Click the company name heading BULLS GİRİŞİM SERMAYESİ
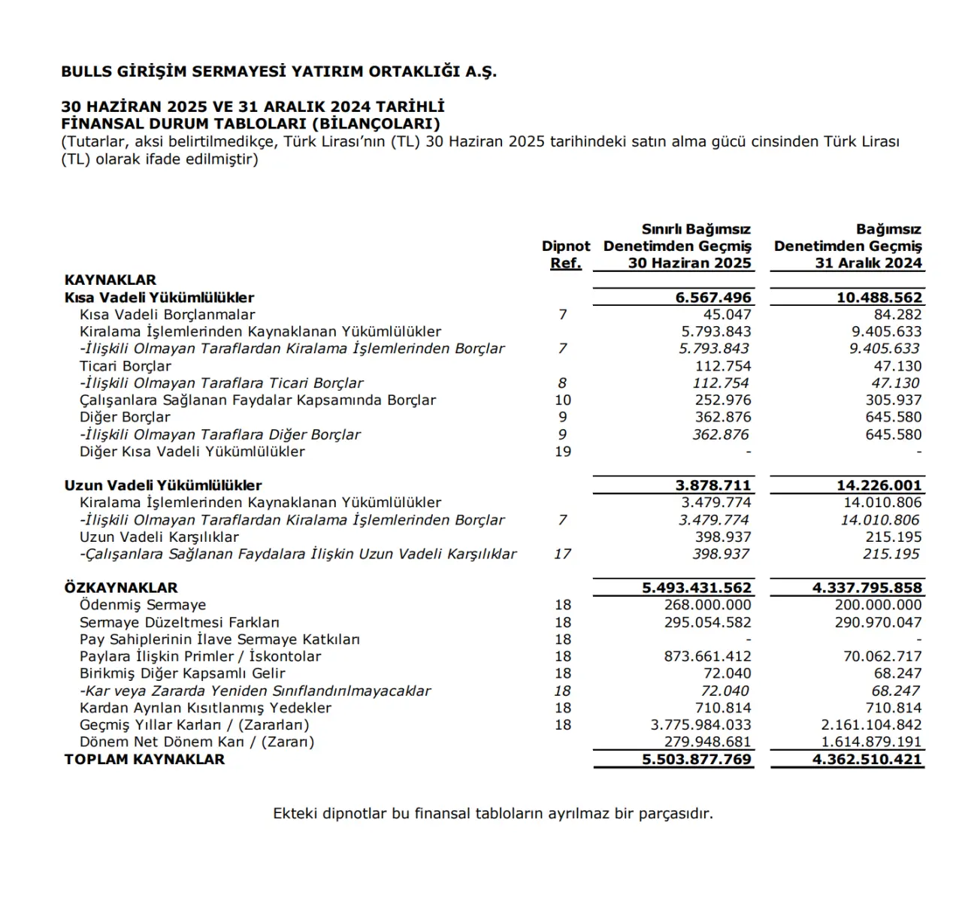(x=279, y=72)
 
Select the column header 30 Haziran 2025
(x=689, y=263)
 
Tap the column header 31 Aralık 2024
(x=868, y=263)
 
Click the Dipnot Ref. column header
(x=565, y=254)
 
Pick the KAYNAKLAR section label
(x=110, y=280)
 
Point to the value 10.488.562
(x=879, y=298)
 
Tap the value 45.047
(x=727, y=315)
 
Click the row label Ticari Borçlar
(x=125, y=366)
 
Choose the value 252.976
(x=723, y=401)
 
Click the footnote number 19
(x=563, y=452)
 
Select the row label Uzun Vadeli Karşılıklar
(x=159, y=537)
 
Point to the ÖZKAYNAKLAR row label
(x=121, y=588)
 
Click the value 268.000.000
(x=707, y=605)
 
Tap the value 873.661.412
(x=707, y=656)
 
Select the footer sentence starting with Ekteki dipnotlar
(x=492, y=813)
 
